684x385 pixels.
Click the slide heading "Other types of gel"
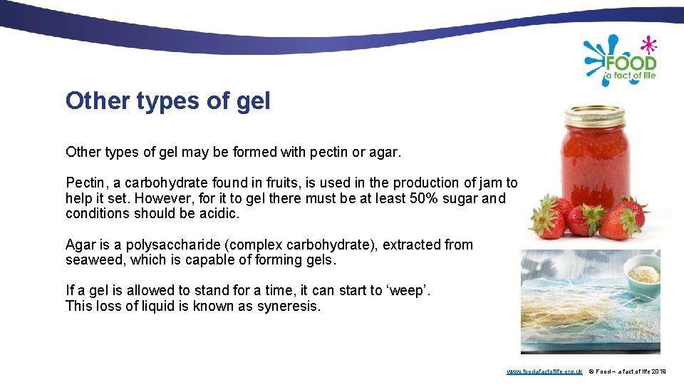click(x=167, y=101)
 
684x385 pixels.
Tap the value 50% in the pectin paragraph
click(x=425, y=198)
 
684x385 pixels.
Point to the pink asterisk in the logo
click(x=648, y=46)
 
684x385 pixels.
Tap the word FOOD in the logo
click(x=630, y=63)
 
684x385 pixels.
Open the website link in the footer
click(x=544, y=371)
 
